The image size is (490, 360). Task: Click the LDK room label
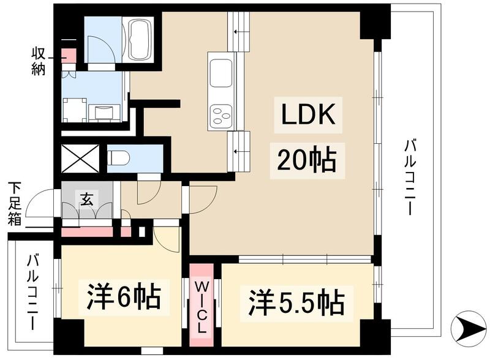click(x=308, y=115)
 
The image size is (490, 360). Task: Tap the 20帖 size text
click(x=306, y=160)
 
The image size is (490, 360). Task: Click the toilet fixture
click(x=119, y=158)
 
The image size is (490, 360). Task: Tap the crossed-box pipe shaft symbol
click(x=80, y=158)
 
